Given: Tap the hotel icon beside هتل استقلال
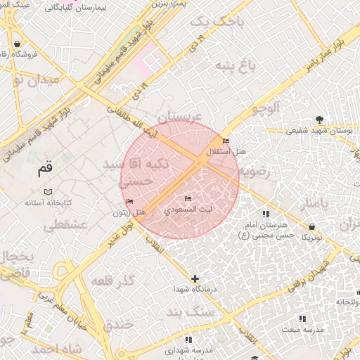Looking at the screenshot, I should click(226, 141).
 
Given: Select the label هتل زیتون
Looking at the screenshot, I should click(131, 212).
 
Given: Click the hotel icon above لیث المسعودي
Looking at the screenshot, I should click(188, 198).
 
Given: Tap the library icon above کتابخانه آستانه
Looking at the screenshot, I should click(48, 192).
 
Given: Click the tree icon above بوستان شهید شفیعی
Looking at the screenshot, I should click(320, 120).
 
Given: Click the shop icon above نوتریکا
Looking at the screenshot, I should click(311, 226).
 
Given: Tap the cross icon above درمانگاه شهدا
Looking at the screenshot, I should click(195, 278).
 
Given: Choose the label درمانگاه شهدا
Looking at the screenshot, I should click(194, 290).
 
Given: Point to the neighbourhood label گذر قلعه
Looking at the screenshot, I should click(113, 282).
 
